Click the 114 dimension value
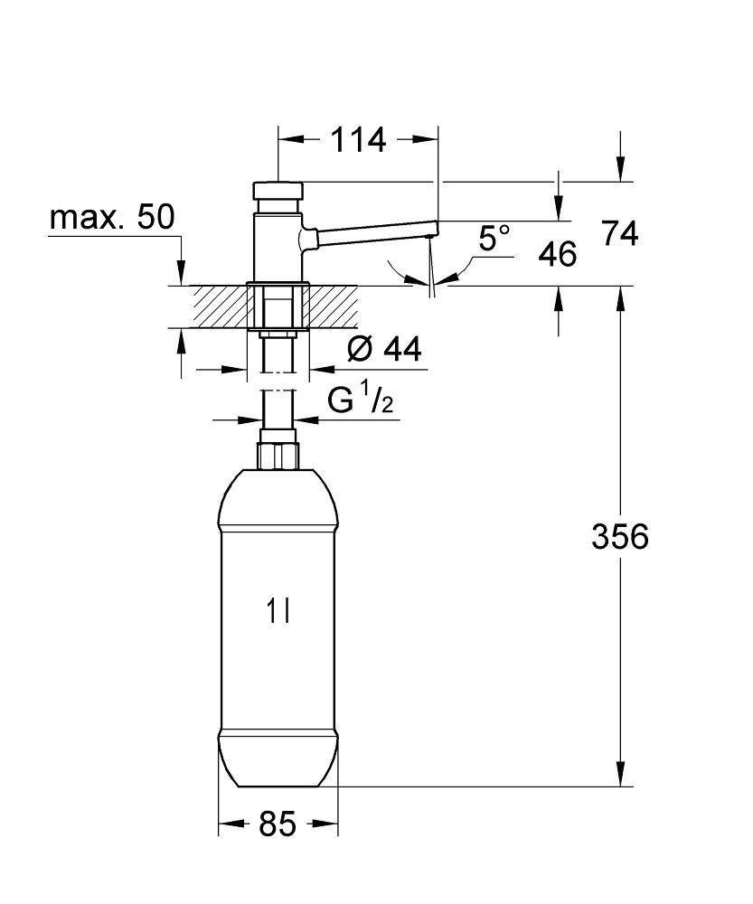coord(358,140)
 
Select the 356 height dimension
coord(620,537)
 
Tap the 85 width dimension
coord(278,824)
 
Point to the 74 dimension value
coord(620,234)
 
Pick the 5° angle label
coord(494,239)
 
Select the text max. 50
coord(112,218)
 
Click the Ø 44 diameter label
coord(383,349)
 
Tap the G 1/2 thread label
coord(361,402)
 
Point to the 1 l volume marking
coord(278,613)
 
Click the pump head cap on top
coord(278,191)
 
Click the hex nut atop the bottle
coord(278,455)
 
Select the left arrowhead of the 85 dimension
coord(227,824)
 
